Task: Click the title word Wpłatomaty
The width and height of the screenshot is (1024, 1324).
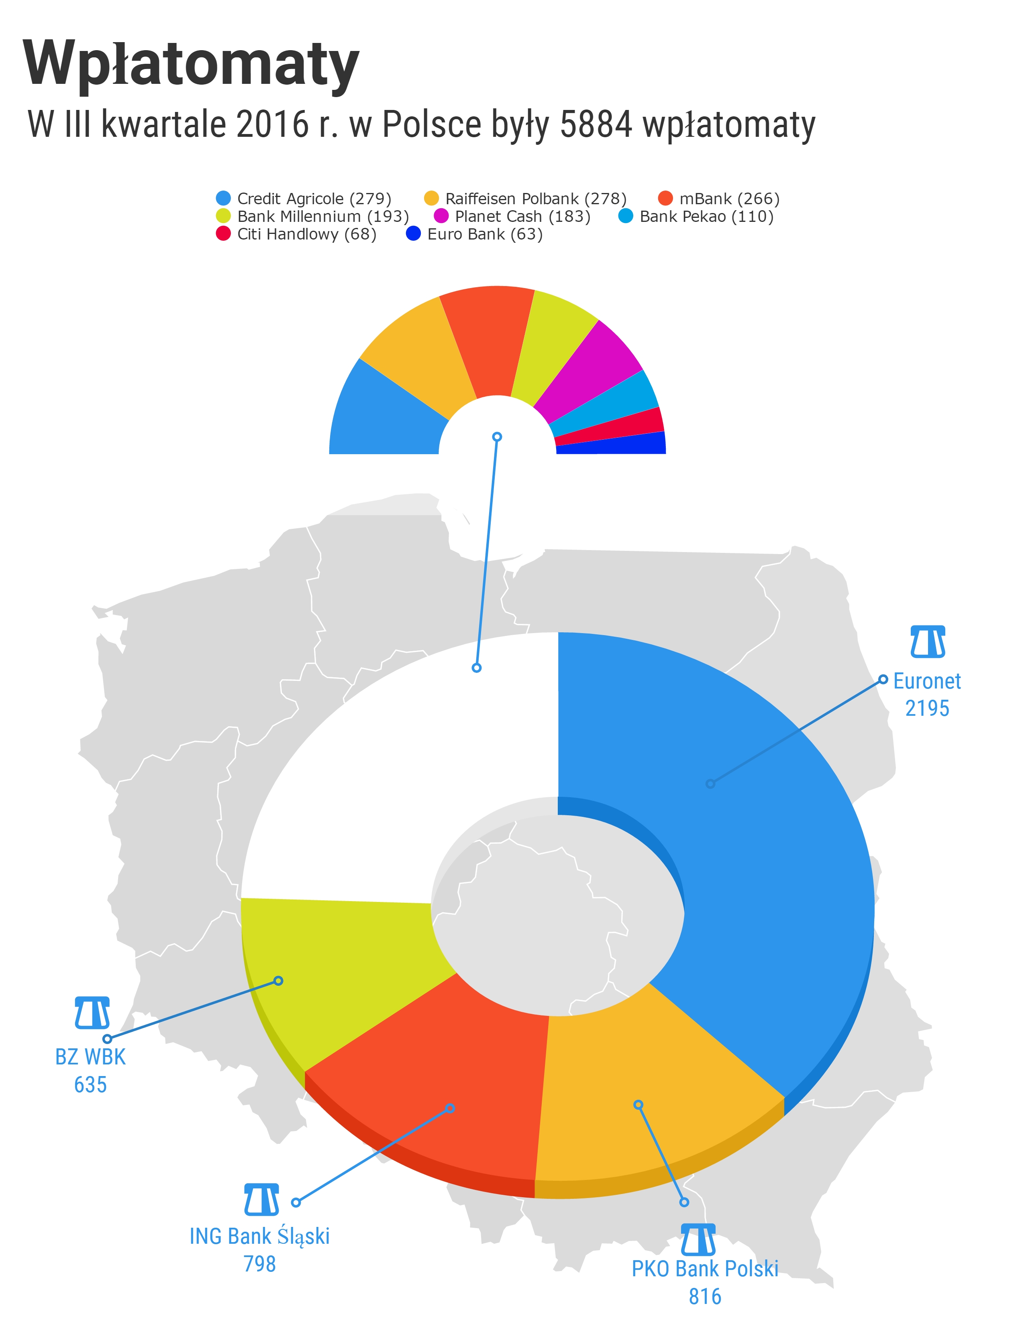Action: [x=191, y=64]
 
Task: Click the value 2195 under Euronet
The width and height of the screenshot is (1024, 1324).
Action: [x=927, y=708]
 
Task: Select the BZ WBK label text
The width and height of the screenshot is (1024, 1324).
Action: [x=90, y=1057]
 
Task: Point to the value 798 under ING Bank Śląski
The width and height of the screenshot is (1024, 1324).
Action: [x=260, y=1264]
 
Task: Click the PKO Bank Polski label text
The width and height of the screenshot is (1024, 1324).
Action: [x=705, y=1269]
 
